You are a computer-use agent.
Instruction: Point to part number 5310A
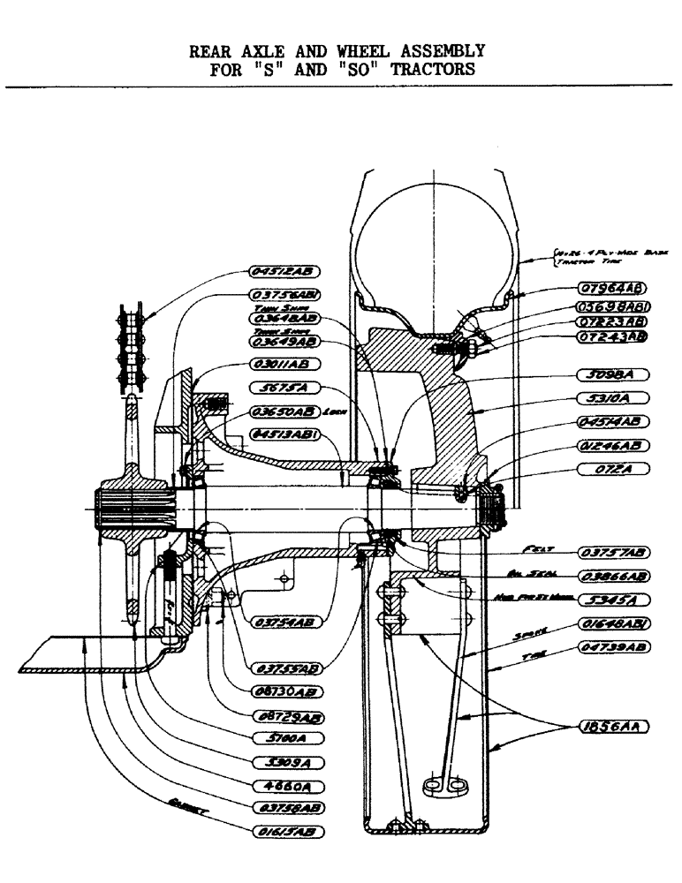[613, 397]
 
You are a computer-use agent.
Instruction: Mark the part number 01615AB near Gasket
[287, 830]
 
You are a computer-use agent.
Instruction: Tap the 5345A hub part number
[613, 598]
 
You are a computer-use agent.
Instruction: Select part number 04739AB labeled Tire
[613, 647]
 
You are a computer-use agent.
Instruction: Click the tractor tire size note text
[587, 255]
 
